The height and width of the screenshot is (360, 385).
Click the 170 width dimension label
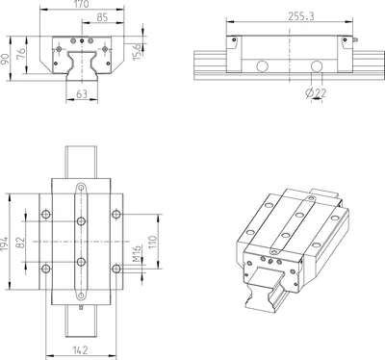click(x=81, y=4)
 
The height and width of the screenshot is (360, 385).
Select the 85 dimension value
click(x=102, y=17)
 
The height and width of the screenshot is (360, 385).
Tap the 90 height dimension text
click(x=5, y=60)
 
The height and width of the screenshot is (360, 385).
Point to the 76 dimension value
click(x=21, y=54)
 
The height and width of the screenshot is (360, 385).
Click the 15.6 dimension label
click(x=137, y=51)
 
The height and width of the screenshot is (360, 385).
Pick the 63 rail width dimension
click(x=82, y=94)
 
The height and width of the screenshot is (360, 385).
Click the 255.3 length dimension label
click(x=301, y=16)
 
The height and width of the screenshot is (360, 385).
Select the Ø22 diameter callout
click(x=316, y=93)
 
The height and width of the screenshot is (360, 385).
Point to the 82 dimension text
click(x=20, y=244)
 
